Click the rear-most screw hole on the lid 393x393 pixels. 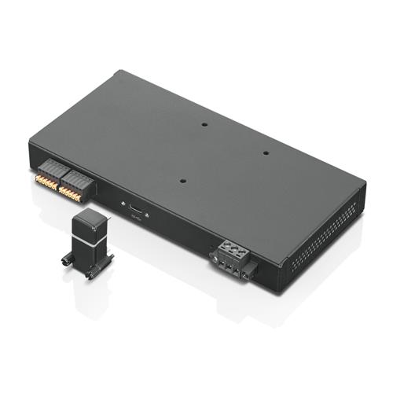tap(204, 124)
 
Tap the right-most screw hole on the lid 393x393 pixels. tap(265, 153)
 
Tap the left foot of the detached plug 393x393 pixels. tap(65, 259)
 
